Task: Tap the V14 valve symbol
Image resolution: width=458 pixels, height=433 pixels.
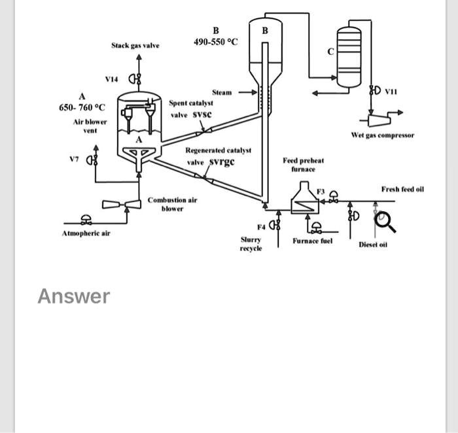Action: [x=134, y=80]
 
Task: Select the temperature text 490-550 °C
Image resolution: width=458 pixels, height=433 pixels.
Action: [x=216, y=42]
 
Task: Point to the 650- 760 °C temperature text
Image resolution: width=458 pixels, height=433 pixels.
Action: [x=82, y=107]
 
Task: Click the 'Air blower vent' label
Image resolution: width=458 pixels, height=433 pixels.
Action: [x=85, y=126]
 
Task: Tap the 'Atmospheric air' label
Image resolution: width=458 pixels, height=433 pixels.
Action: [x=84, y=233]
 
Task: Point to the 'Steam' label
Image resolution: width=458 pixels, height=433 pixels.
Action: [x=222, y=92]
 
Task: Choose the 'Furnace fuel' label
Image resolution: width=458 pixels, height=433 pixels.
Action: [x=313, y=241]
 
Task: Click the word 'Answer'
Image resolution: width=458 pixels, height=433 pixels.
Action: [x=73, y=296]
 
